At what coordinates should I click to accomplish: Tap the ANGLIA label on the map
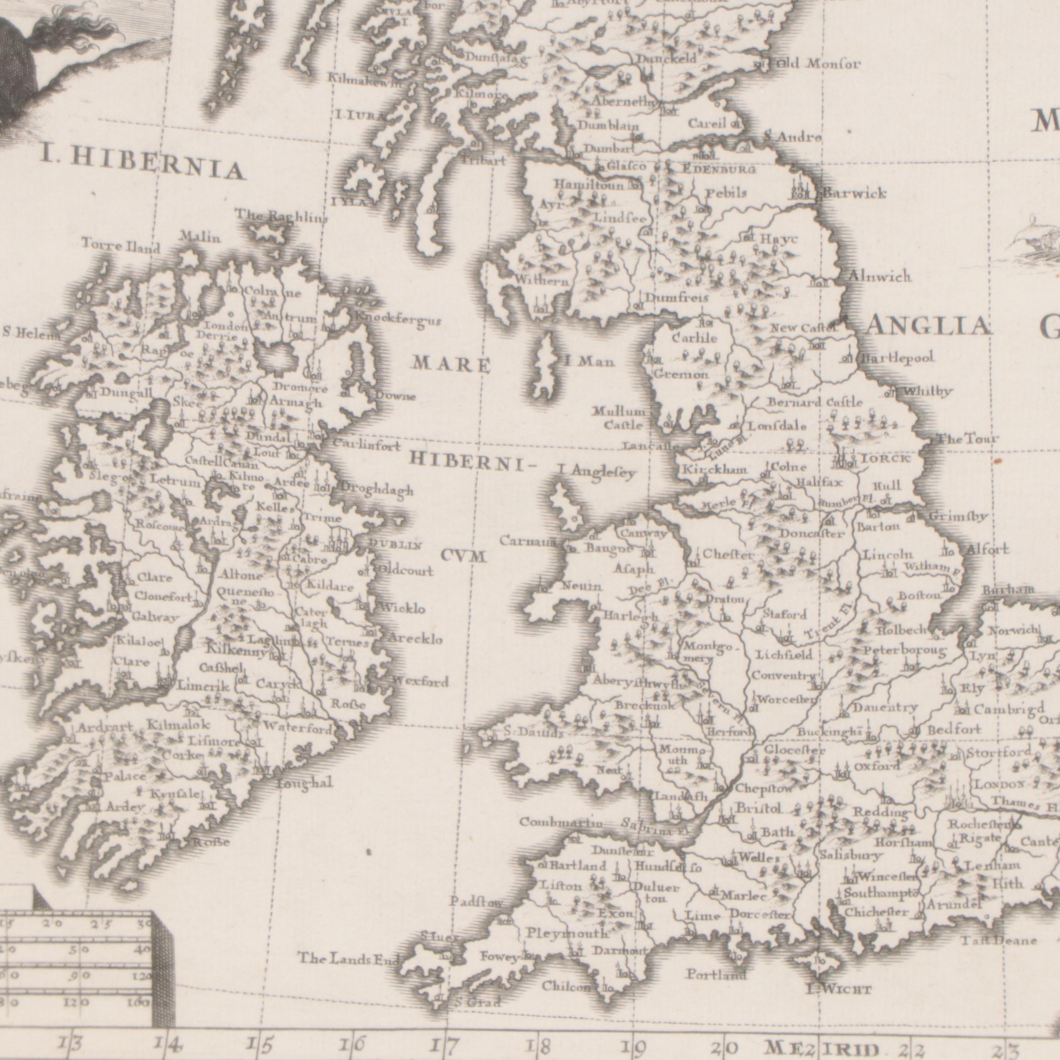click(929, 327)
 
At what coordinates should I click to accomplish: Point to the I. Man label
click(590, 362)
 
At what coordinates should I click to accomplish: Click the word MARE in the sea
click(451, 365)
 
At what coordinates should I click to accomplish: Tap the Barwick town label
click(854, 194)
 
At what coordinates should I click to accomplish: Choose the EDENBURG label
click(719, 170)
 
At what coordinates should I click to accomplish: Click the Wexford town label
click(420, 682)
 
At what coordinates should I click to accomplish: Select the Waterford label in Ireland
click(297, 729)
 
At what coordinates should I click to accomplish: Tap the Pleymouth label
click(567, 933)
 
